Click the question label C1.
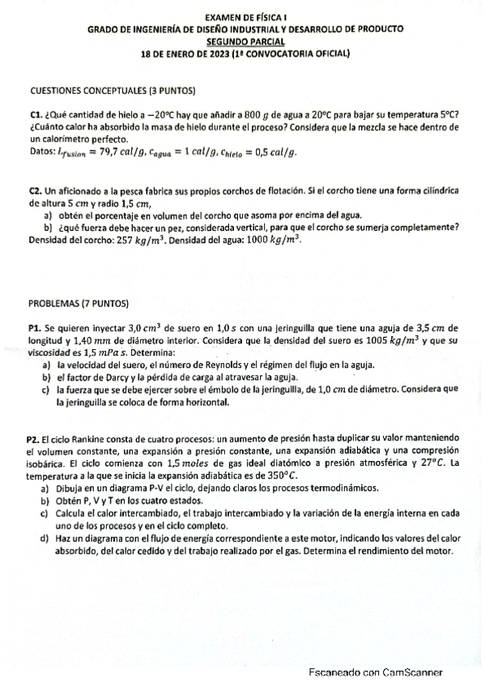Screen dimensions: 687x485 pos(35,114)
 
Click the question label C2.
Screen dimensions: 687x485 pos(35,189)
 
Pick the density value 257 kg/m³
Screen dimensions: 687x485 pos(142,241)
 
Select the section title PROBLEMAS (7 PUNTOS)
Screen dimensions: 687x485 pos(79,304)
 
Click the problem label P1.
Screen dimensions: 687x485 pos(34,328)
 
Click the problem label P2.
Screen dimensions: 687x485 pos(33,438)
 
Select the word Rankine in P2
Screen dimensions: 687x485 pos(87,438)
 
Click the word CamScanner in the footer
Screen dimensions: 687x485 pos(411,672)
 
